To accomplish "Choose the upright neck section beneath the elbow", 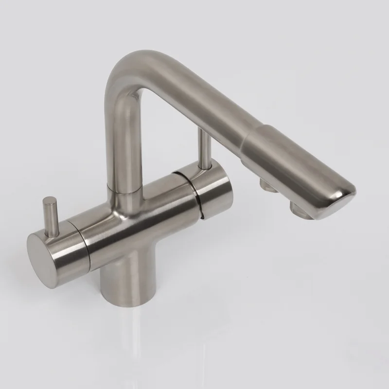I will click(119, 141).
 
